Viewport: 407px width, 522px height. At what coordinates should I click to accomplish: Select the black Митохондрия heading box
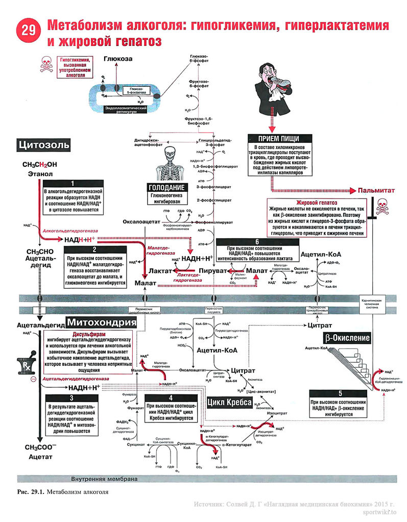(x=102, y=322)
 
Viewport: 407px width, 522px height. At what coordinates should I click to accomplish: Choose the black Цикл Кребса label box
(x=229, y=402)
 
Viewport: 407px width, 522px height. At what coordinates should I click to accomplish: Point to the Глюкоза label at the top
(x=118, y=59)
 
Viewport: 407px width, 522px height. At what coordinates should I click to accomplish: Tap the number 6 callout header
(x=257, y=241)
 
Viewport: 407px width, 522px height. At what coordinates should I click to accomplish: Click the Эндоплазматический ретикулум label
(x=125, y=111)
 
